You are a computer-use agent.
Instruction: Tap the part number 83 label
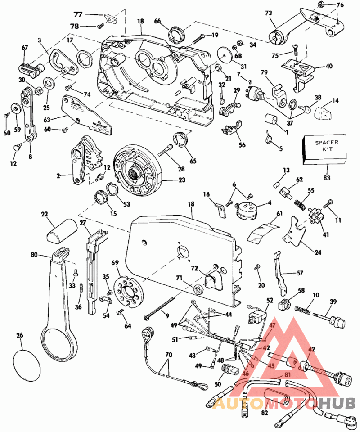(x=327, y=178)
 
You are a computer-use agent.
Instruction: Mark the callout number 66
(x=157, y=21)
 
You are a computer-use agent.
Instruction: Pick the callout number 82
(x=264, y=412)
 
